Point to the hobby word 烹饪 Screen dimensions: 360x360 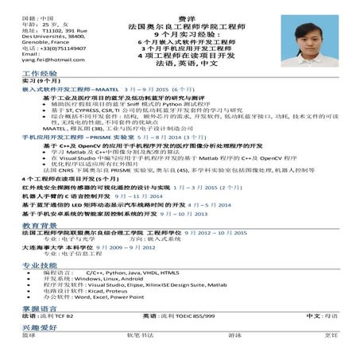331,335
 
